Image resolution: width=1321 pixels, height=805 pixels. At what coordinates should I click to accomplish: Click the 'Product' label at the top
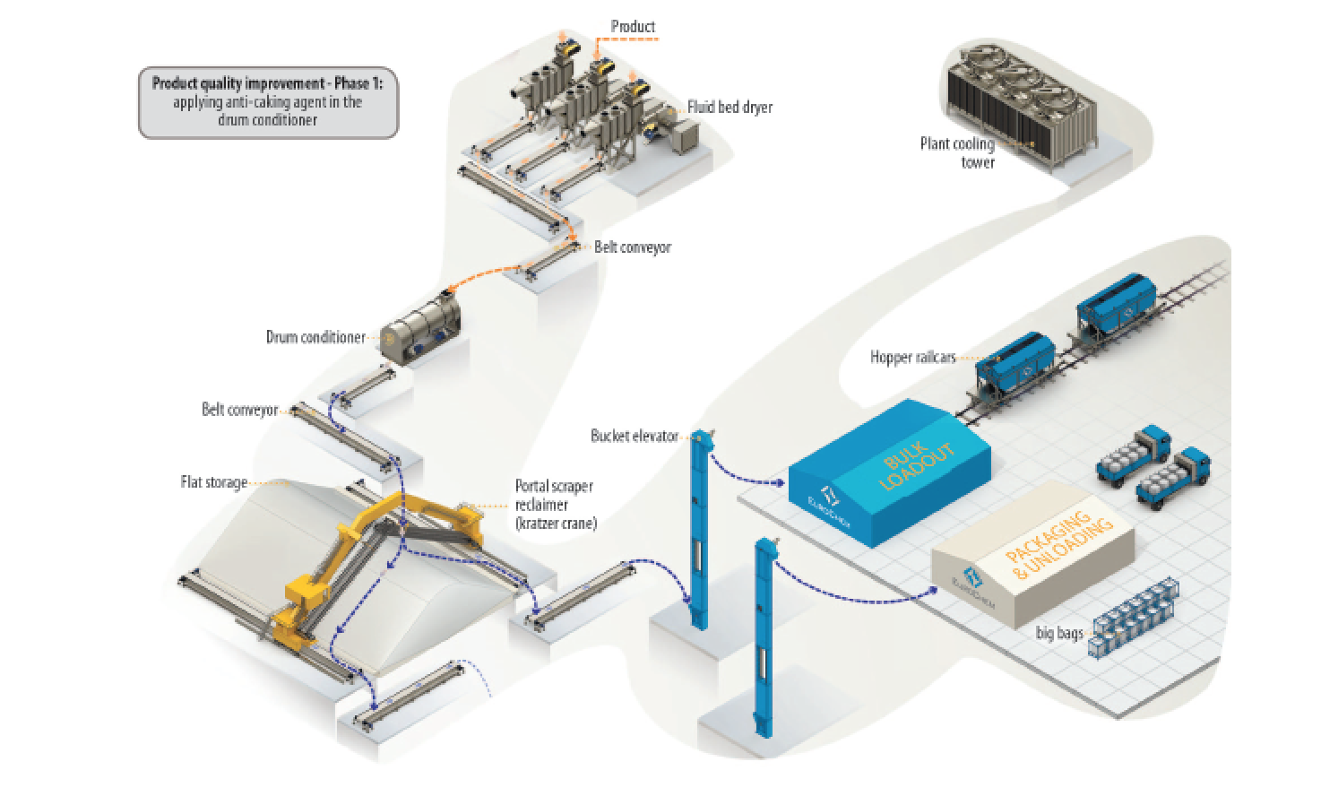coord(633,26)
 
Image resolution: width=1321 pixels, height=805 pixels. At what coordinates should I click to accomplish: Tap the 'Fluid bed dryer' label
coord(730,108)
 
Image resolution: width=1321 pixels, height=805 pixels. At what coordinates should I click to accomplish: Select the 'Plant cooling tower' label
coord(957,152)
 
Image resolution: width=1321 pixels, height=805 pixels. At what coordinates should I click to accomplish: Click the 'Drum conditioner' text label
coord(315,338)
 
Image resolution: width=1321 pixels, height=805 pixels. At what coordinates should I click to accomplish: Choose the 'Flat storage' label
coord(213,482)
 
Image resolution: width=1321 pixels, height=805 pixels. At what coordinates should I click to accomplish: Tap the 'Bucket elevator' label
coord(634,436)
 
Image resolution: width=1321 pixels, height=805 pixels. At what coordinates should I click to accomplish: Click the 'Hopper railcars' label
coord(912,357)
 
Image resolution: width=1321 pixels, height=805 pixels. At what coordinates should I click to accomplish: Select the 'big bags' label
coord(1058,633)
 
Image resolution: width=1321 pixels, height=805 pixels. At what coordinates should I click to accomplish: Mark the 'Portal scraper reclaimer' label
coord(555,505)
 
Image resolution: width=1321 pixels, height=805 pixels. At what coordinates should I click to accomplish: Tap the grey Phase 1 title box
coord(268,103)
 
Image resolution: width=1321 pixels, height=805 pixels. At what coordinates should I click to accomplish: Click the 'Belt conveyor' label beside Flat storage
coord(239,410)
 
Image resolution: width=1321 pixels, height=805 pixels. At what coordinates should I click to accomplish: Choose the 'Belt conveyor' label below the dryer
coord(632,247)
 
